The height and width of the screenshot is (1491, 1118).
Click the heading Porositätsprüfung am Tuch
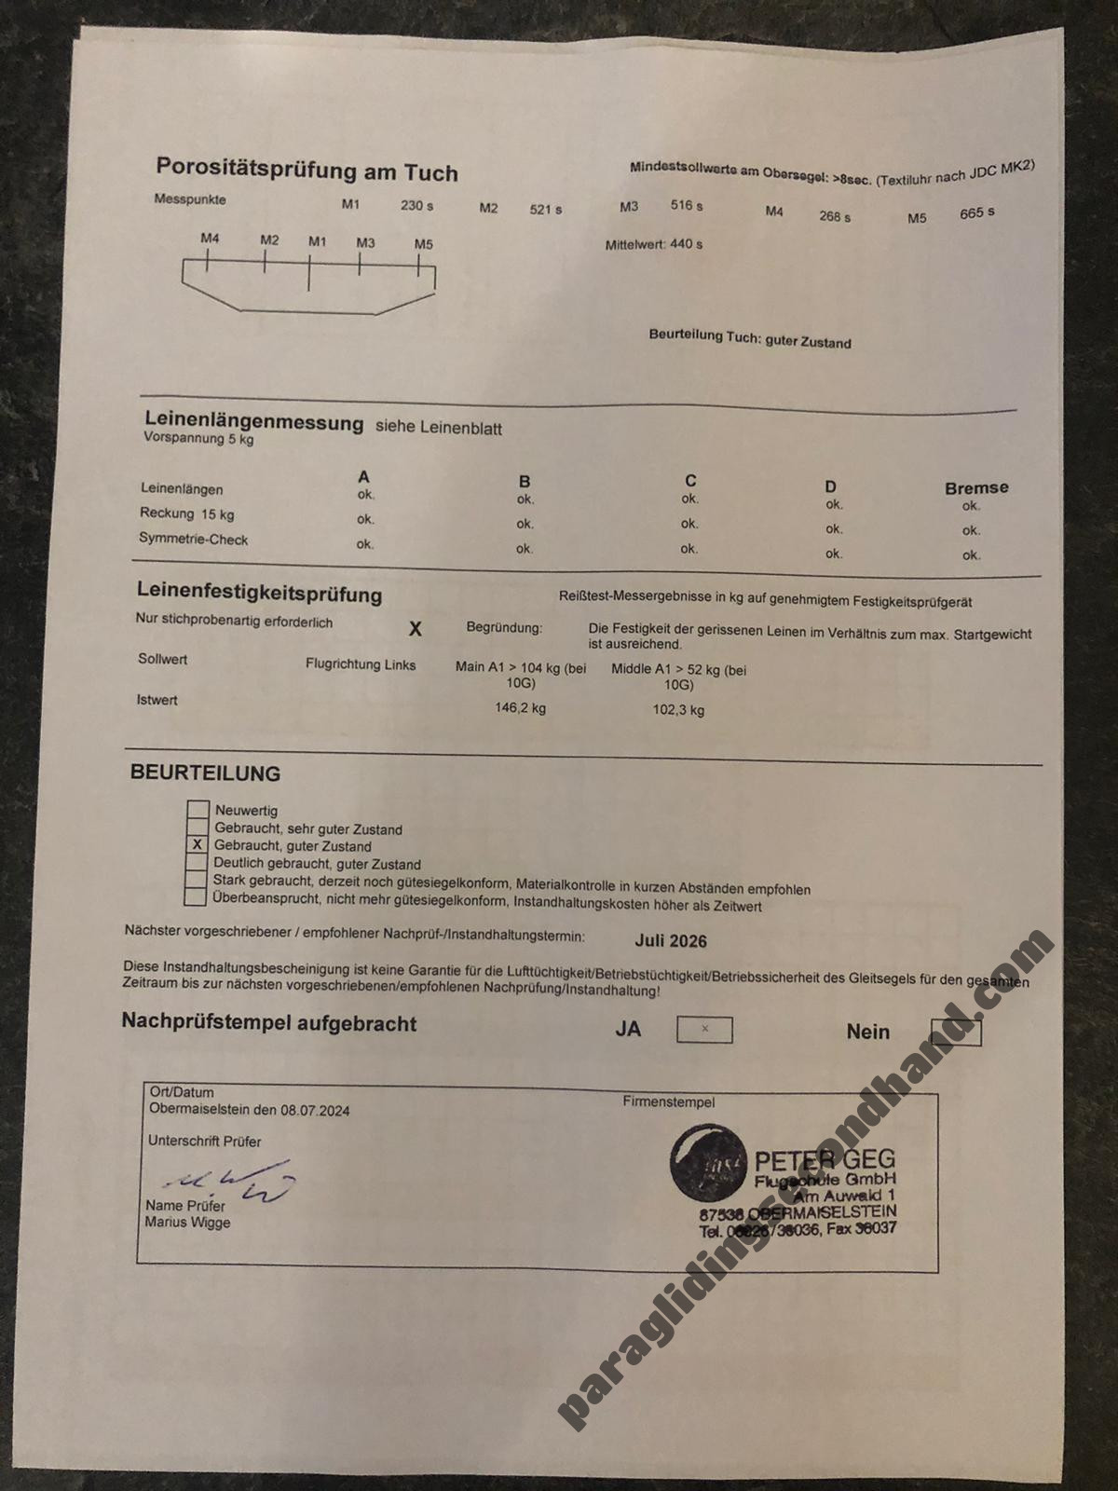point(307,170)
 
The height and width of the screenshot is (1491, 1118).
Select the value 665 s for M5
point(976,212)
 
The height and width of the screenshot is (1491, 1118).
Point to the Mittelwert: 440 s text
point(653,244)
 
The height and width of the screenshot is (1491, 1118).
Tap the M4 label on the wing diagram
point(210,239)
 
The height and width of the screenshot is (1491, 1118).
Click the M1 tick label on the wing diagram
point(317,241)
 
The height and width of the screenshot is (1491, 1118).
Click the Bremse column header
point(975,487)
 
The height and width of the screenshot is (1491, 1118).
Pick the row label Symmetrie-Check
point(193,539)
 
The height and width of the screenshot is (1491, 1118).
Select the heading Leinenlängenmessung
point(253,422)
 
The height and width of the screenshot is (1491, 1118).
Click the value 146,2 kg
point(520,708)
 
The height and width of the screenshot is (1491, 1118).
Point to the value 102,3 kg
point(678,709)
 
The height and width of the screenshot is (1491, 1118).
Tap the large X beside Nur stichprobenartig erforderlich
point(415,629)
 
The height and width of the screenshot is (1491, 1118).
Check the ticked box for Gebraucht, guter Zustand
point(197,845)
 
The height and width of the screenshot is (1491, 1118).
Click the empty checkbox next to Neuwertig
point(198,810)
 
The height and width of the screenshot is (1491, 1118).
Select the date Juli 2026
point(671,941)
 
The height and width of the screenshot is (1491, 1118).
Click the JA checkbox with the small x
point(704,1030)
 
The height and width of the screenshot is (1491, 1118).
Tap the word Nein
point(867,1032)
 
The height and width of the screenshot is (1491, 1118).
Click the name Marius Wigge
point(187,1223)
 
